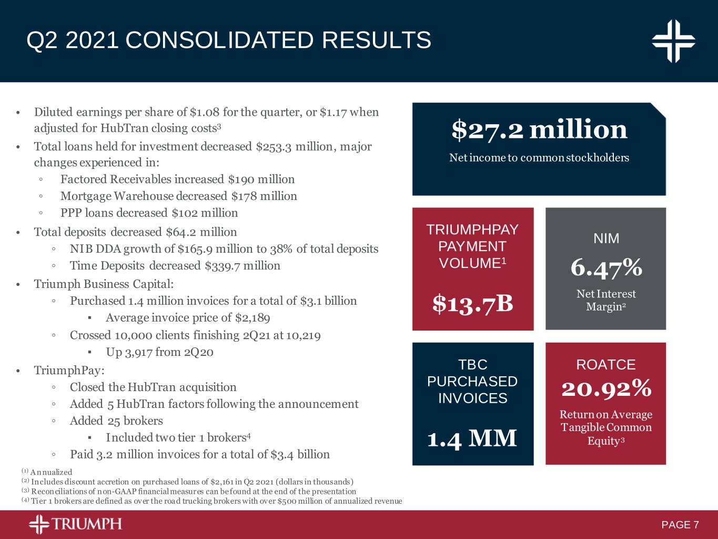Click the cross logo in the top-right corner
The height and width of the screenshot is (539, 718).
click(x=674, y=41)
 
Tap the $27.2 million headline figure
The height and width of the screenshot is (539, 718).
click(x=539, y=129)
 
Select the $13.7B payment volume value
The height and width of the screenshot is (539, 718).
click(x=472, y=303)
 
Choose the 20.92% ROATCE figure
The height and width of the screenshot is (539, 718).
click(x=606, y=389)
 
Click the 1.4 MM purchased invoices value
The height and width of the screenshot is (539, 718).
click(x=472, y=438)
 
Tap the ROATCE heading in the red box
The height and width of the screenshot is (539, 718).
click(x=606, y=364)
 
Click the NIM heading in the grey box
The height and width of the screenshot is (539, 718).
click(x=606, y=238)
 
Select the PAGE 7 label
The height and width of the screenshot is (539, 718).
click(x=680, y=525)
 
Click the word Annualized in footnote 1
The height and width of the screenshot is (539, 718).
click(x=51, y=472)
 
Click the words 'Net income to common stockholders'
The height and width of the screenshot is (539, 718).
click(x=539, y=157)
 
